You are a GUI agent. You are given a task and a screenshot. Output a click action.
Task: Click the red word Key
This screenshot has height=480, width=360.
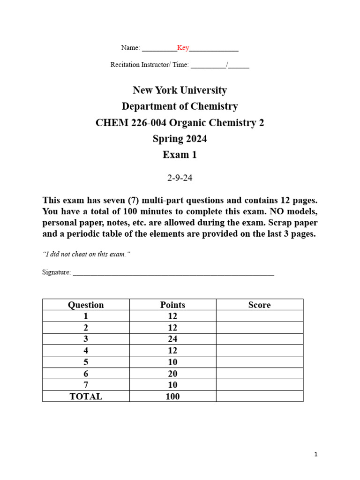click(x=183, y=48)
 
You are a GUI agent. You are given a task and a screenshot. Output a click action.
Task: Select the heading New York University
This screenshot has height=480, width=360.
click(x=180, y=90)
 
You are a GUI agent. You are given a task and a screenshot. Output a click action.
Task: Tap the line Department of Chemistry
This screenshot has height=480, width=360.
click(x=180, y=106)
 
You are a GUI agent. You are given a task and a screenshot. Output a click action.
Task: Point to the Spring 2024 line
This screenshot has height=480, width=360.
click(x=180, y=139)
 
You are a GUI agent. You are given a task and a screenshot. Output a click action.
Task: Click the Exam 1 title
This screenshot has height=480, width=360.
click(x=180, y=155)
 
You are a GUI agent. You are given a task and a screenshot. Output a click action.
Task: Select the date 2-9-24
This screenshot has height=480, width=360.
click(x=180, y=178)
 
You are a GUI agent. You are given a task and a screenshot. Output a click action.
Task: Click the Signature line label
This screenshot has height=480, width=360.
click(x=56, y=272)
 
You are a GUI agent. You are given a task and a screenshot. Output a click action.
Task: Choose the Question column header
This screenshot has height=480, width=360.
click(x=86, y=305)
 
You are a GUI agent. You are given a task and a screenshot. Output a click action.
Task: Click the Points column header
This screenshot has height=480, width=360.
click(x=172, y=305)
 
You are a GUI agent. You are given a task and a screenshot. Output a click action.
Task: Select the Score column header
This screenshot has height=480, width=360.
click(x=259, y=305)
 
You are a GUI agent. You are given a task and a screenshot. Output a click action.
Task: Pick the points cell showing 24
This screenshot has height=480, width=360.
click(x=172, y=339)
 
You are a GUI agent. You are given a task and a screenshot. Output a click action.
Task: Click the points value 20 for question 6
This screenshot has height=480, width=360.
click(x=172, y=374)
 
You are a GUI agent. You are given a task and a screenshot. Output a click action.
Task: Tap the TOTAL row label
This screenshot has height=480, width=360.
click(x=86, y=397)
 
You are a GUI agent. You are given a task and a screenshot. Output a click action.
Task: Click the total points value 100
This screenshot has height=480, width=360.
click(x=172, y=397)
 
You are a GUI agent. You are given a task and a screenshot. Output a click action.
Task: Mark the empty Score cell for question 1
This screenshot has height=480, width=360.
click(x=259, y=316)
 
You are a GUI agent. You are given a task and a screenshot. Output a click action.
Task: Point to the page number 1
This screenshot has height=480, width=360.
click(x=316, y=454)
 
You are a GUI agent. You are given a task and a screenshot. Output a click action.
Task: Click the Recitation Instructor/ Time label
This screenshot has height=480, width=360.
click(x=149, y=65)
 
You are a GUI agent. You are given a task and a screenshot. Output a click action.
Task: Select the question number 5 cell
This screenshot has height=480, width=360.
click(x=86, y=362)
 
